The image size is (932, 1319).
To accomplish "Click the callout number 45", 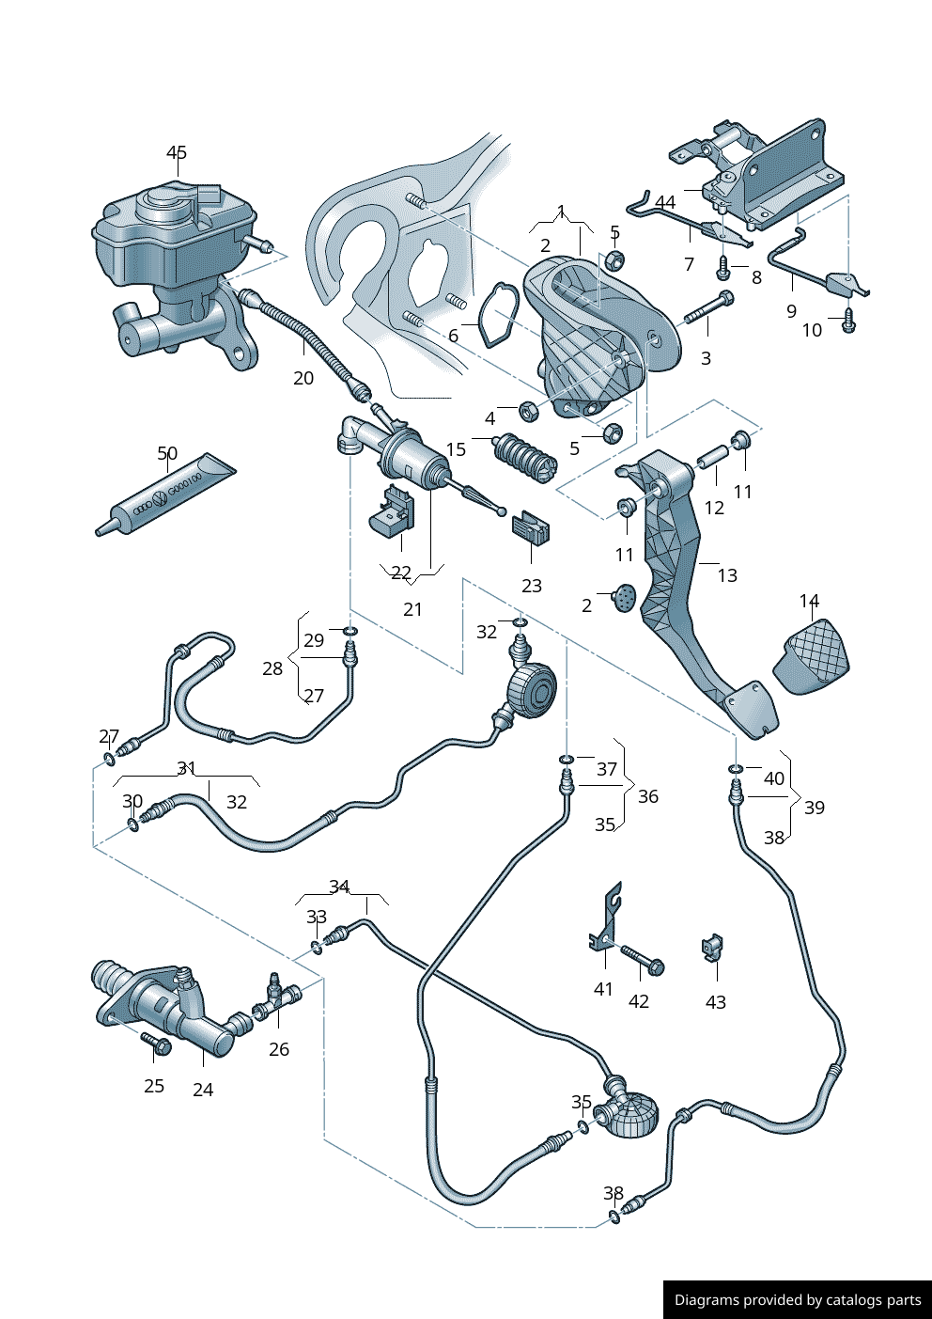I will click(x=177, y=152).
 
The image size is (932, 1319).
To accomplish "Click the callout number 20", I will click(x=303, y=378).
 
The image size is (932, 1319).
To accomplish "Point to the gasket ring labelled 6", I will click(x=499, y=314).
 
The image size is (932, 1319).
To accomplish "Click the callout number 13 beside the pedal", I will click(x=727, y=575).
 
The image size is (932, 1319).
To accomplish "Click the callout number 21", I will click(x=412, y=609).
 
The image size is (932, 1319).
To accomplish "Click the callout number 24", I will click(x=203, y=1090).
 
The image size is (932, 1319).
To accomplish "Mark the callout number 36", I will click(x=648, y=796).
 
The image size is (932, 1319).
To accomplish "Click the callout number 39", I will click(x=815, y=808).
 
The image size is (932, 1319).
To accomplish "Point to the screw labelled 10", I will click(x=849, y=322).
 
